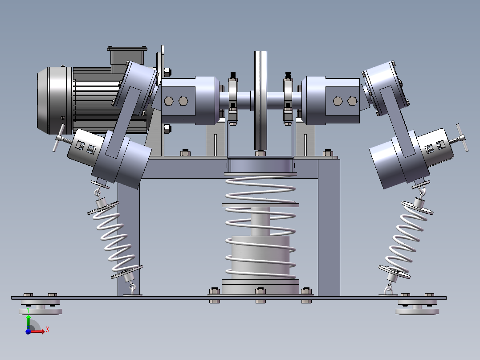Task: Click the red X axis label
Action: pyautogui.click(x=48, y=330)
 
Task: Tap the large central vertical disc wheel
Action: pyautogui.click(x=260, y=101)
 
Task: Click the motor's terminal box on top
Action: pyautogui.click(x=127, y=57)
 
